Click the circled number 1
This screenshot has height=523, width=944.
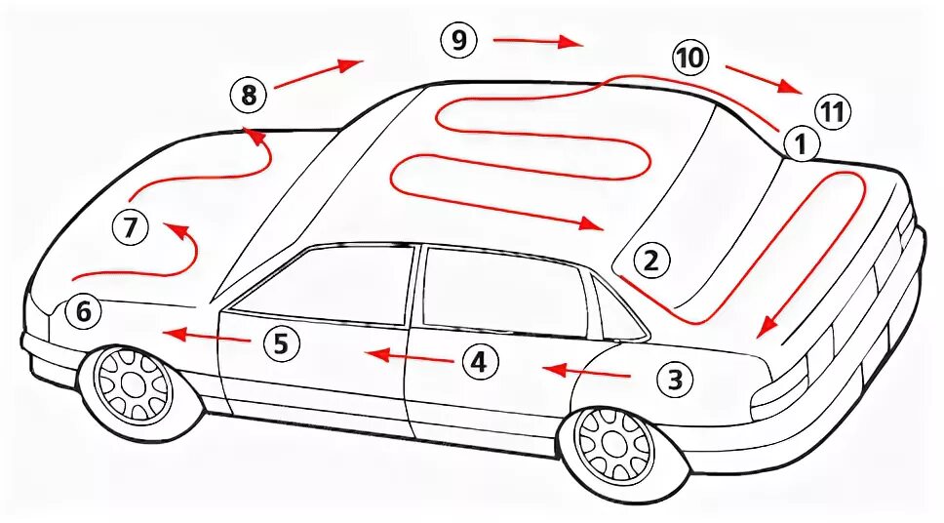(x=799, y=145)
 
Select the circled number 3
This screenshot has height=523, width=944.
(x=675, y=379)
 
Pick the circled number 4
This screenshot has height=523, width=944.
(x=478, y=362)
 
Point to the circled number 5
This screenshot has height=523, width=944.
(x=280, y=342)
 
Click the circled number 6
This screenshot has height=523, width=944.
(x=83, y=312)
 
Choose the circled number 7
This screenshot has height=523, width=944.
(x=131, y=228)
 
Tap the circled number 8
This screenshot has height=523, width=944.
(x=249, y=96)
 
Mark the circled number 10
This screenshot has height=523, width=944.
(x=689, y=59)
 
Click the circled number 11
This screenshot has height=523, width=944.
(x=831, y=111)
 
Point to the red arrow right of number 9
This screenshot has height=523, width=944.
(x=537, y=42)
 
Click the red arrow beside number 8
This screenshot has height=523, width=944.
(x=318, y=73)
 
